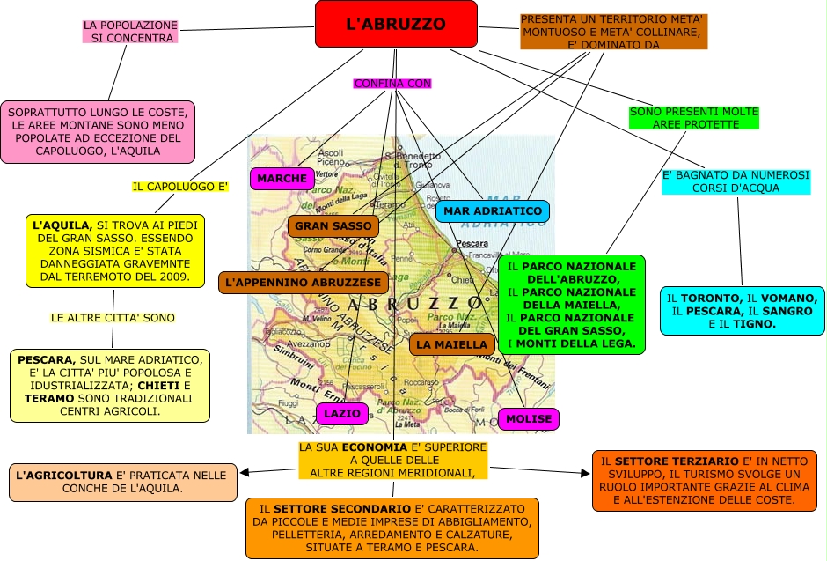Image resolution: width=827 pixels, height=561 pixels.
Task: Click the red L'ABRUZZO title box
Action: [x=396, y=24]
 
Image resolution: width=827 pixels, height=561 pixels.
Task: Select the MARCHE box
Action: [x=282, y=179]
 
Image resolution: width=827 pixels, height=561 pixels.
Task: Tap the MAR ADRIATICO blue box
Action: [x=493, y=211]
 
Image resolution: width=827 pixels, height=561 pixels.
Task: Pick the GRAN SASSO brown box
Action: [x=333, y=226]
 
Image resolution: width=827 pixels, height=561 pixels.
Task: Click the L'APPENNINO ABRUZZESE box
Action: [x=304, y=283]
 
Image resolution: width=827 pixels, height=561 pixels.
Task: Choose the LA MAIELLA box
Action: [x=451, y=344]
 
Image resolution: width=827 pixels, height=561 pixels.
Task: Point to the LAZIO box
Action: [x=342, y=413]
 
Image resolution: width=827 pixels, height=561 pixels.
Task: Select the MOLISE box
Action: [x=528, y=418]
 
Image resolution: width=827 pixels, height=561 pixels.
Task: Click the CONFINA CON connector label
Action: [x=392, y=84]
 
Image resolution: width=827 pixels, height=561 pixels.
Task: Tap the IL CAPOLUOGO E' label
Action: [x=180, y=187]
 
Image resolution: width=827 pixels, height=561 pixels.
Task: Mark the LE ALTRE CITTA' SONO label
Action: [x=113, y=317]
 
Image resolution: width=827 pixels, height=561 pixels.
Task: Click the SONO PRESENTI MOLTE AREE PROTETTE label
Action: [x=694, y=118]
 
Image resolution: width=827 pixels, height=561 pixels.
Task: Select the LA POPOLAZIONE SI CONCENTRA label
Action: [x=130, y=32]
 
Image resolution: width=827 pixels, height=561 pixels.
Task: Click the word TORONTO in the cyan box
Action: [x=709, y=299]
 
